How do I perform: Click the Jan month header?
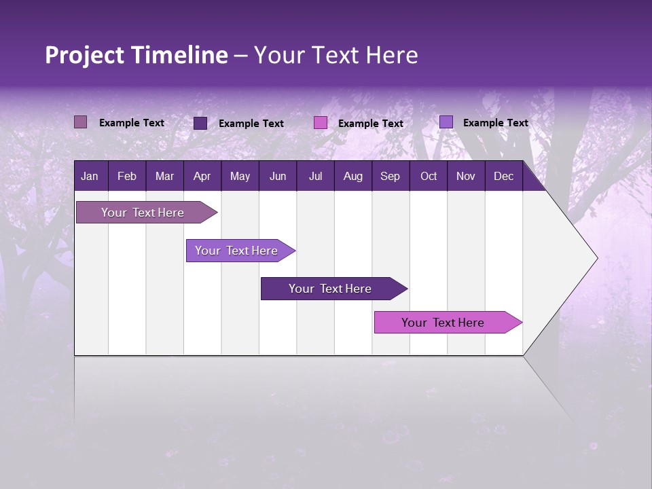click(x=90, y=177)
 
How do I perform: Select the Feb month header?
click(x=127, y=177)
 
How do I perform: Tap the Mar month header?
click(x=164, y=177)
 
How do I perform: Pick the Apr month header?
click(x=202, y=177)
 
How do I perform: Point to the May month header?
click(x=240, y=177)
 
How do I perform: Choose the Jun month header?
click(x=278, y=177)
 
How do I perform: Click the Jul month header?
click(x=315, y=177)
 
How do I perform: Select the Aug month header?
click(x=352, y=177)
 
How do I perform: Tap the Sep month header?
click(x=390, y=177)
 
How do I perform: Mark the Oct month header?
click(x=429, y=177)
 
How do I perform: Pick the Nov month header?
click(x=466, y=177)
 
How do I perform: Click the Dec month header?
click(x=503, y=177)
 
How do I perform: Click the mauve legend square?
click(x=81, y=122)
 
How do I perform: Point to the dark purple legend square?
click(x=200, y=123)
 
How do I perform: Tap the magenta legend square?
click(x=321, y=123)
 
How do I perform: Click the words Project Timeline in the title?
click(x=137, y=55)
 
